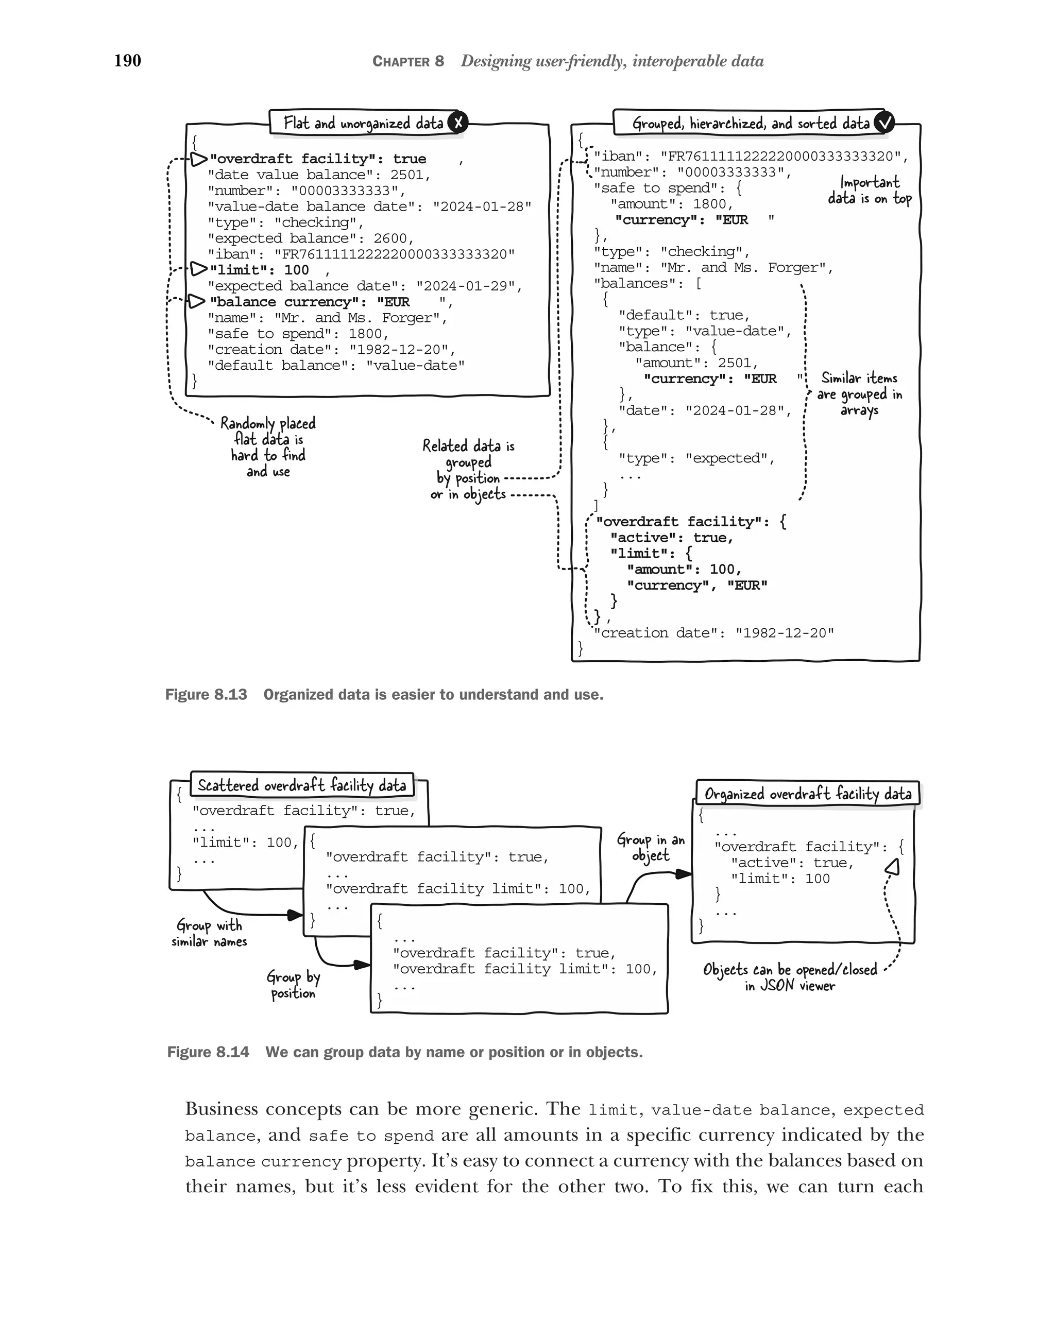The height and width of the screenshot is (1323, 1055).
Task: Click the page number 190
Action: [x=128, y=61]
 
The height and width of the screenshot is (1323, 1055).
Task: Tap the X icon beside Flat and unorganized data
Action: [x=458, y=122]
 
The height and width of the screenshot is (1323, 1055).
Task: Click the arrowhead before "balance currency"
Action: [x=196, y=301]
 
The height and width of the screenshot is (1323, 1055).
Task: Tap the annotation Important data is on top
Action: [x=869, y=190]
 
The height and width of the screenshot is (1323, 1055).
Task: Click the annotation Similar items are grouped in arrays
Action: [x=859, y=394]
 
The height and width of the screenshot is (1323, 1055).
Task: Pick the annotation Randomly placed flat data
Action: [x=268, y=446]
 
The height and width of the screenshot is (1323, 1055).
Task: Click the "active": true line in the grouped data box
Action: [x=671, y=538]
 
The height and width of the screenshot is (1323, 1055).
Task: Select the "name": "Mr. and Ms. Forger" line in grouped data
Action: [x=713, y=268]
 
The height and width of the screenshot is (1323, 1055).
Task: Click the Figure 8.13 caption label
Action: [x=206, y=695]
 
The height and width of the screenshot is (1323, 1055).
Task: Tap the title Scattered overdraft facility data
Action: [x=302, y=785]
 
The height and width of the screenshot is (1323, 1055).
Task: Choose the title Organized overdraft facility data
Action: [x=808, y=794]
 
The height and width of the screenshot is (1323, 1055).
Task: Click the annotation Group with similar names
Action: [x=209, y=933]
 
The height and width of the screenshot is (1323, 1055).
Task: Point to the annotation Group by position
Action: [x=293, y=984]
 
